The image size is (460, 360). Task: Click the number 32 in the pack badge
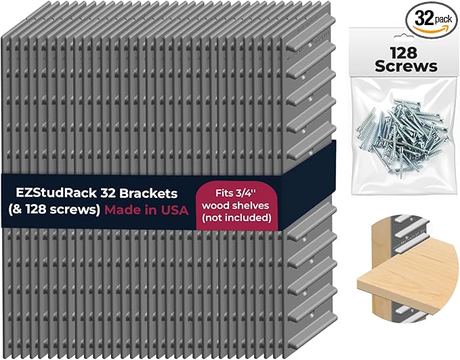[x=425, y=18]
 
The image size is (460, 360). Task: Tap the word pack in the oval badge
[x=444, y=20]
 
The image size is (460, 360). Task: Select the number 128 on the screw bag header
[x=403, y=53]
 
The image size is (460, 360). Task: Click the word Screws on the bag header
[x=406, y=66]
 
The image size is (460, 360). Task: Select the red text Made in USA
[x=146, y=210]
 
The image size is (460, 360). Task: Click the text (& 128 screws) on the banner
[x=54, y=210]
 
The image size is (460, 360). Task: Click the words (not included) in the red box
[x=236, y=218]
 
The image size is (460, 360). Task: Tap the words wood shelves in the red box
[x=235, y=205]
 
